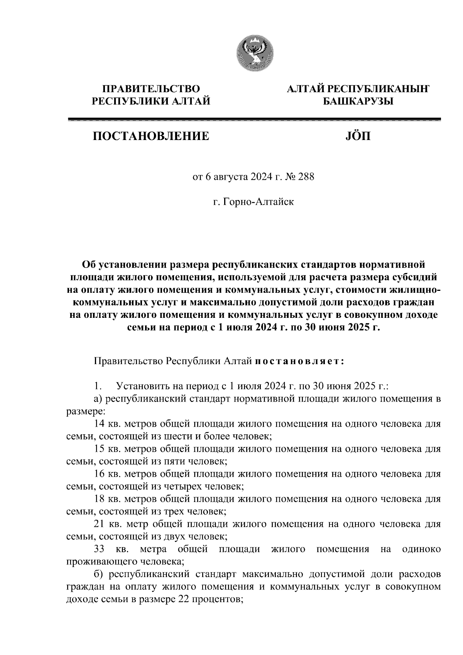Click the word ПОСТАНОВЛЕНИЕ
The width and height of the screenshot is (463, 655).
[150, 136]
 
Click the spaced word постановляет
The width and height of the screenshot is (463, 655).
[299, 361]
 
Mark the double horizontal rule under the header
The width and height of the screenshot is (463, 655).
[254, 120]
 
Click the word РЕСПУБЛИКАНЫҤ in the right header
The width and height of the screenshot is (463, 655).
[378, 89]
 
